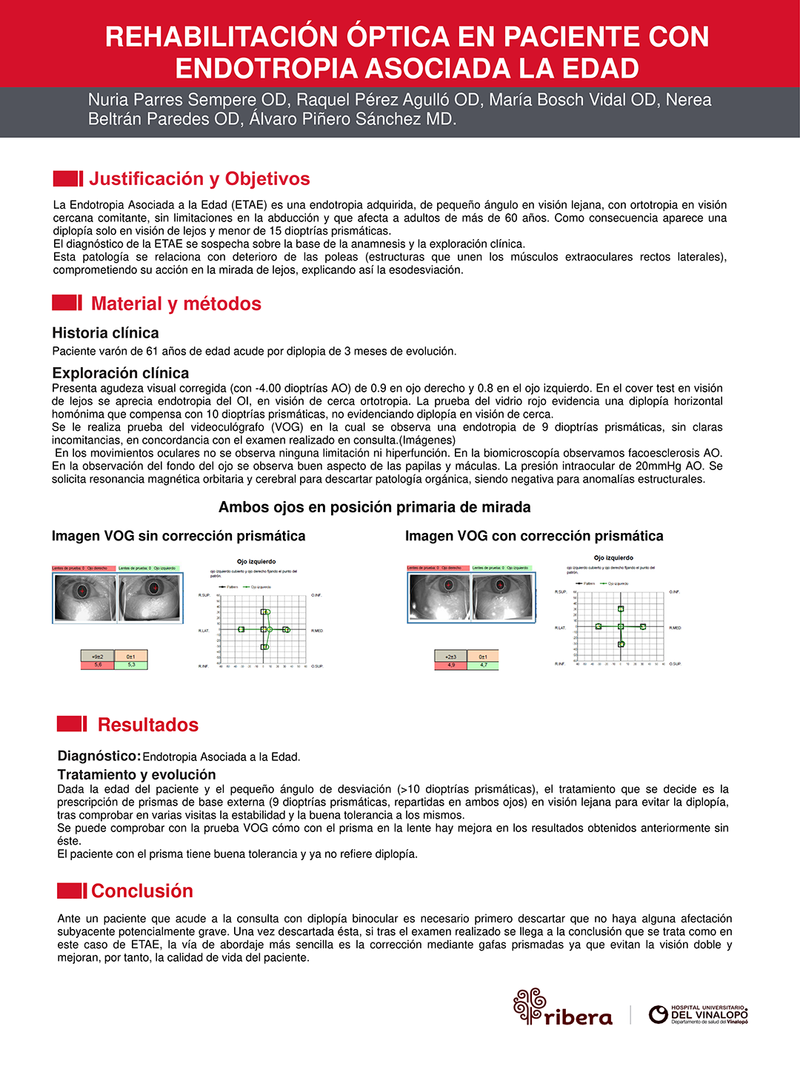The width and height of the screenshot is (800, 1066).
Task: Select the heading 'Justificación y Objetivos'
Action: tap(199, 179)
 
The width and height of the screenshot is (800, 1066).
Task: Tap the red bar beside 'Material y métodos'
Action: tap(67, 303)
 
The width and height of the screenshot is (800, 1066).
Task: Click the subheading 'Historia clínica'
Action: tap(105, 333)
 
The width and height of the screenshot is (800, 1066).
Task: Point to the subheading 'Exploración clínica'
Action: tap(120, 373)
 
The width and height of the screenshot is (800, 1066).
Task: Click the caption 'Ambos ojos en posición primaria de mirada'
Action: tap(374, 507)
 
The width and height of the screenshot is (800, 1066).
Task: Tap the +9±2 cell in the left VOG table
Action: tap(98, 656)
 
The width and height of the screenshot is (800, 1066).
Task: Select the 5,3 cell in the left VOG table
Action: tap(131, 665)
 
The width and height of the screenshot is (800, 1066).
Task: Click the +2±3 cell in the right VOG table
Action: tap(450, 657)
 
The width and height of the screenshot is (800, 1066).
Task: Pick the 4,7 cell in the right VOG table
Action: tap(483, 666)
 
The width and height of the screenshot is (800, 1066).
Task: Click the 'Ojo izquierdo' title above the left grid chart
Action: tap(256, 562)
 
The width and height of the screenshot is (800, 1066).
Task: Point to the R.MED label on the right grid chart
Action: tap(675, 628)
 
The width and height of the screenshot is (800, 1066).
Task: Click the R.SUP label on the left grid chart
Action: tap(204, 595)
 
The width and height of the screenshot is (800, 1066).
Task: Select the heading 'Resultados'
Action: tap(148, 725)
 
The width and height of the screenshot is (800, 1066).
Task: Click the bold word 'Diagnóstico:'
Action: tap(99, 756)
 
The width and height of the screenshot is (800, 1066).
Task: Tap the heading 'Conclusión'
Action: tap(141, 891)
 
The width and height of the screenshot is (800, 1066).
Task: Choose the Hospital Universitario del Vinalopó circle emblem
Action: tap(658, 1014)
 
